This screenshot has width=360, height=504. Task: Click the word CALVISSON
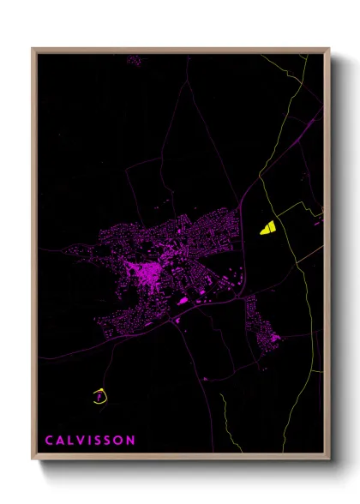point(90,441)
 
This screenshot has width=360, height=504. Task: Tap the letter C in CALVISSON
point(50,441)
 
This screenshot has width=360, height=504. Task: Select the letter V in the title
point(81,441)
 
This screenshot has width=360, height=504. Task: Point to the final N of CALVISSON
point(130,441)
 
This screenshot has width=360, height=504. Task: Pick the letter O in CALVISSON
point(119,441)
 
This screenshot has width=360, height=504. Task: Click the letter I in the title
point(89,441)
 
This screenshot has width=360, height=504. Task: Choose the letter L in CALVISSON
point(71,441)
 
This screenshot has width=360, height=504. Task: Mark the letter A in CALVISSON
point(61,441)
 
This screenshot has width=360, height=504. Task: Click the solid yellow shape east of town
point(267,227)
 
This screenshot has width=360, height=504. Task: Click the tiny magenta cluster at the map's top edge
point(134,61)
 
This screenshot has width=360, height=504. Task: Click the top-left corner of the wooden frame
point(33,49)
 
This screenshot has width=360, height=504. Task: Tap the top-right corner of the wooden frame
point(329,49)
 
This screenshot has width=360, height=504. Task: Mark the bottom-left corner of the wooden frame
point(33,461)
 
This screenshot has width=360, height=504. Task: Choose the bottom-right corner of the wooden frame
point(329,461)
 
